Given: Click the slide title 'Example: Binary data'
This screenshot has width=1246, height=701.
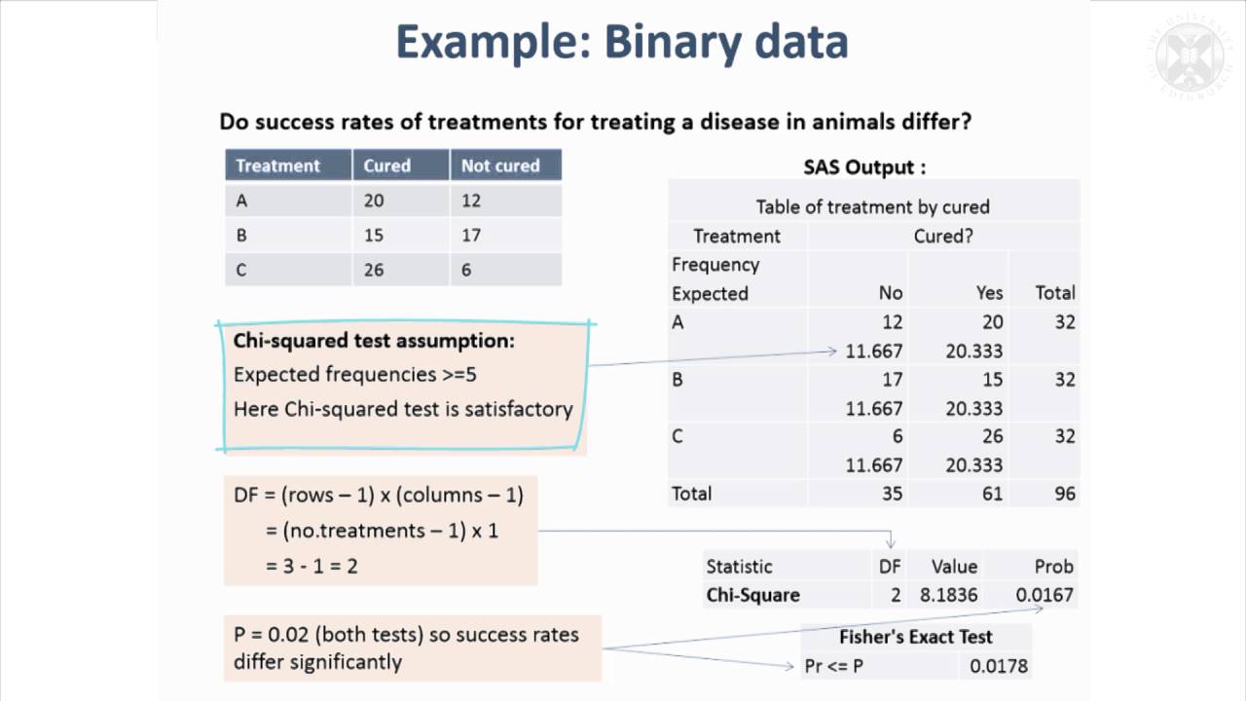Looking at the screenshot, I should point(622,43).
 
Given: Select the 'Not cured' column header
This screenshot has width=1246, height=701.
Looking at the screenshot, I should point(500,166).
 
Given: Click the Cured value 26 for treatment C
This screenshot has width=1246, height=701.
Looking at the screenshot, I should point(374,270).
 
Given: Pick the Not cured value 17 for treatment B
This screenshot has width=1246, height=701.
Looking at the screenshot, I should point(471,235).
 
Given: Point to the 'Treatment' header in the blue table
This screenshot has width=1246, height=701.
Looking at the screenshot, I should point(277,166).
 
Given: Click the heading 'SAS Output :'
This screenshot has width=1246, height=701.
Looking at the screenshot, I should point(864,166).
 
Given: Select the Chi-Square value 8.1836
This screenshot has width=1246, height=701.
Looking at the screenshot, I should point(954,595).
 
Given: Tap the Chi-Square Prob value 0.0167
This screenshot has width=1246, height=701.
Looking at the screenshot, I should point(1044,595).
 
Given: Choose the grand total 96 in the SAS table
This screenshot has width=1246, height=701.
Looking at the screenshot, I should point(1065,494).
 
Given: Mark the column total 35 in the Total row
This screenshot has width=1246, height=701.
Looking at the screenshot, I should point(891,494).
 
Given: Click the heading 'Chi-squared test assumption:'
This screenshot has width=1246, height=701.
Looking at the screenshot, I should point(374,342).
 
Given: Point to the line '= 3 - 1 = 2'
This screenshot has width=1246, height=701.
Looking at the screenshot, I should point(311,565).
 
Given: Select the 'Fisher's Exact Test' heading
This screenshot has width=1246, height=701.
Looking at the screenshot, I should point(916,637).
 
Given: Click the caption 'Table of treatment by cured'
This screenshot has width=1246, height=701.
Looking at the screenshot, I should point(872,206).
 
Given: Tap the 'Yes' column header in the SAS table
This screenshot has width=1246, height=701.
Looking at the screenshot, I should point(989,293).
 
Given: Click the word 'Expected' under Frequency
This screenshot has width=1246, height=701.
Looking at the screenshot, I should point(710,293).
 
